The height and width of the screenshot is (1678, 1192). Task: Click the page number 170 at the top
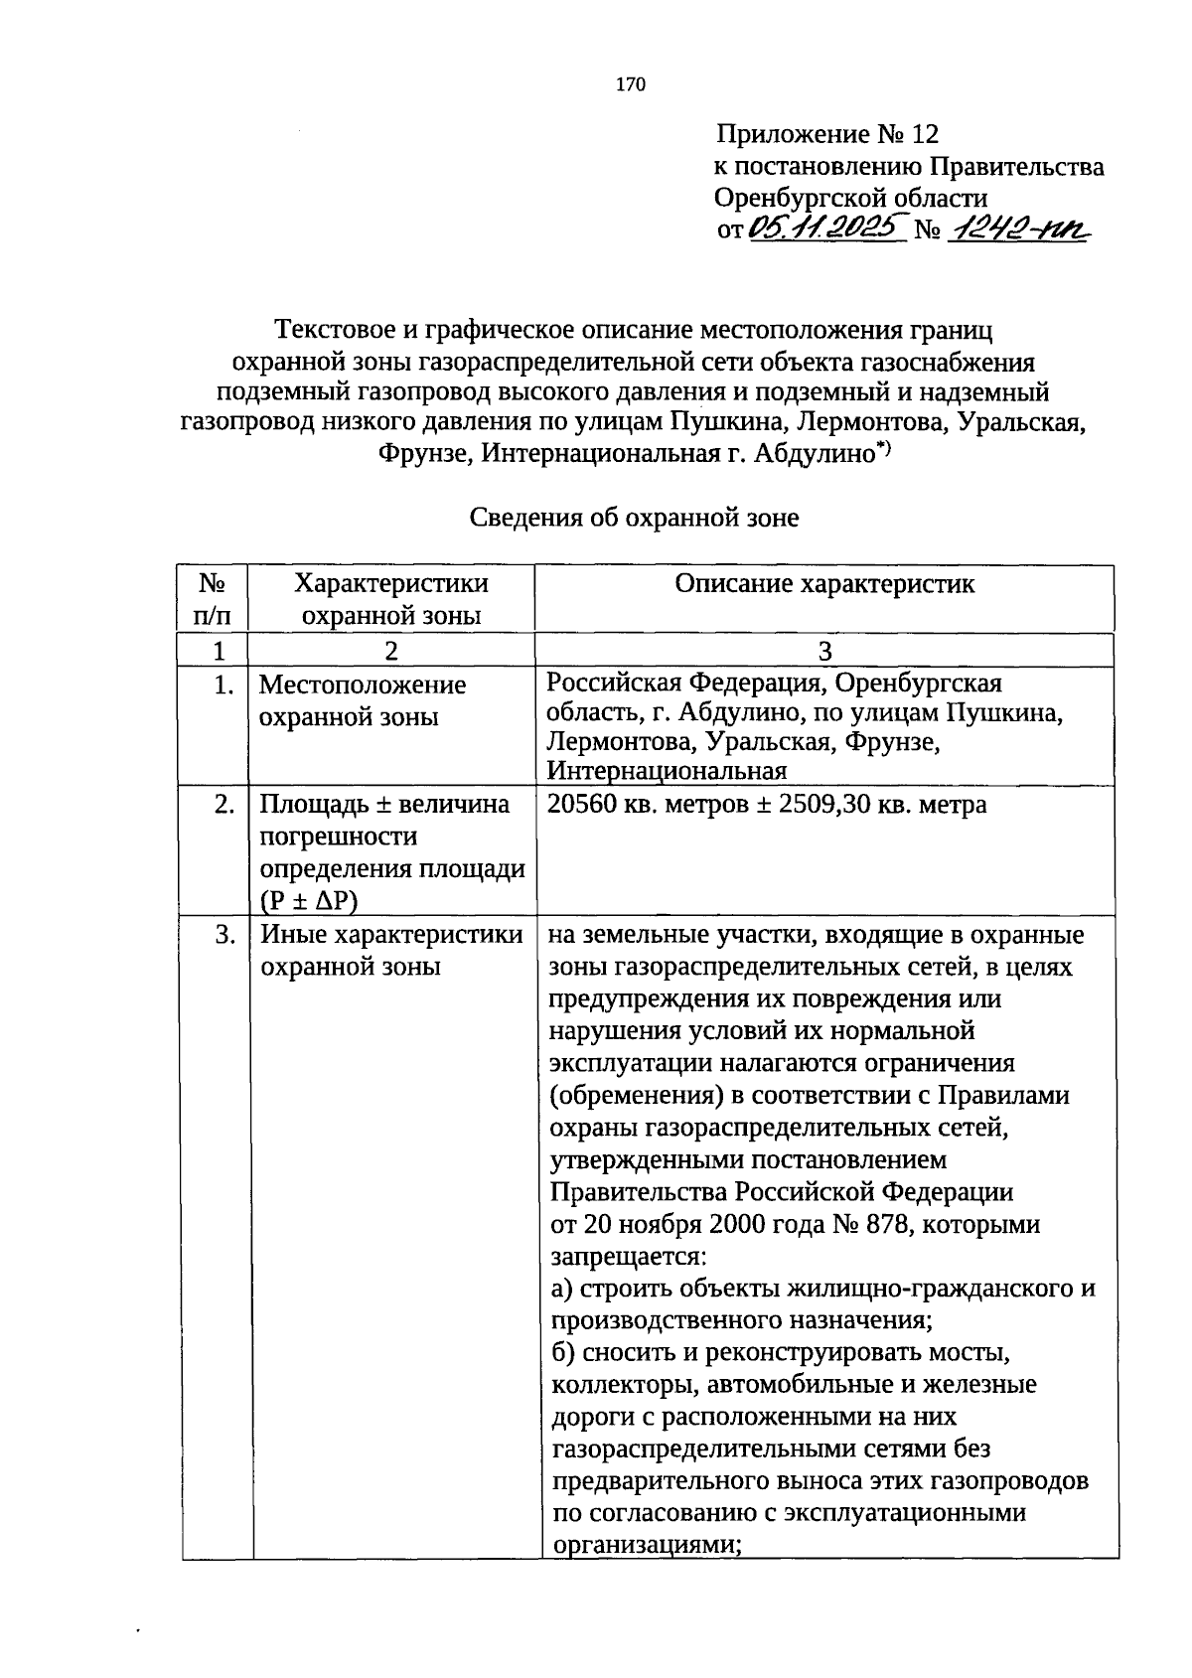[x=631, y=84]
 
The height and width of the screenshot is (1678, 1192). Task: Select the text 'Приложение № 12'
[x=826, y=134]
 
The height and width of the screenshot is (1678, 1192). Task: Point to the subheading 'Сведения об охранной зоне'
[x=634, y=518]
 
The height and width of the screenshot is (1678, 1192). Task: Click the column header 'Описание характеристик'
[x=824, y=584]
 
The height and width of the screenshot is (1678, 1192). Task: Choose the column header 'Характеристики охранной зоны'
[x=392, y=599]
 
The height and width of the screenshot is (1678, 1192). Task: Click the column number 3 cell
[x=824, y=651]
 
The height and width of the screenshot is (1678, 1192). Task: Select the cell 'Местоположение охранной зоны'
[x=363, y=700]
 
